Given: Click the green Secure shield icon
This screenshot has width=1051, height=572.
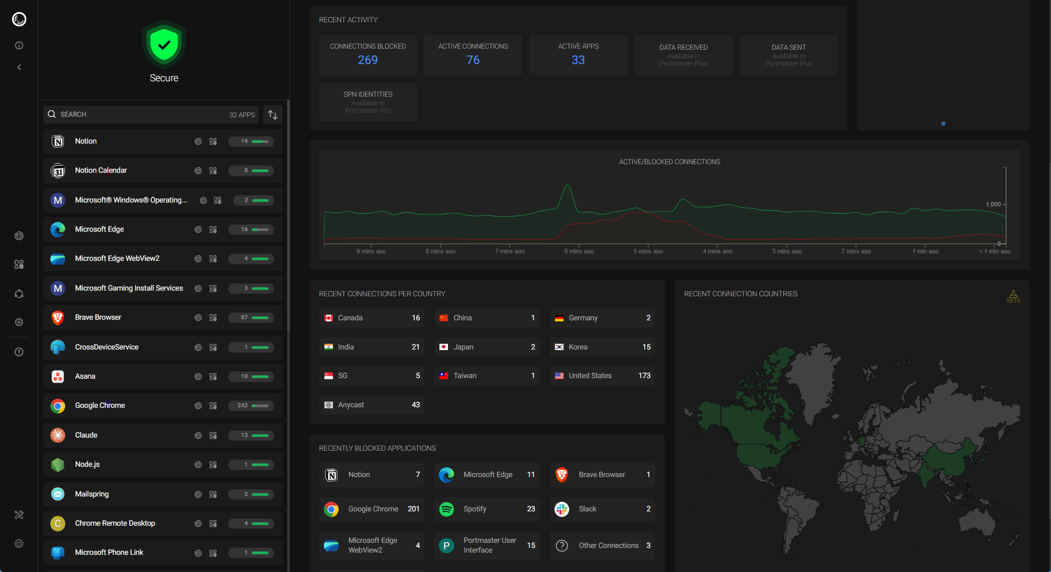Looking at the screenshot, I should point(164,45).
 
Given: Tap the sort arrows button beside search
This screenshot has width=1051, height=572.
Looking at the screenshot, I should point(273,115).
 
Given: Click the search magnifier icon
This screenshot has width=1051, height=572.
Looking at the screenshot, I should point(52,114).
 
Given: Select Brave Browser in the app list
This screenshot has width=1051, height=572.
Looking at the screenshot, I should point(98,317).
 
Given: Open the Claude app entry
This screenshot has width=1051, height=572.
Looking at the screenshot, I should point(86,435).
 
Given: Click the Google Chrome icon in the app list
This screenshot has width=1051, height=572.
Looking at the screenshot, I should point(58,406).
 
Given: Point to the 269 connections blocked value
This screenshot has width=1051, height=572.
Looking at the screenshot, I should point(368,60).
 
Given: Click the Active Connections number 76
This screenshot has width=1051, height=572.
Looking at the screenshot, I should point(473,60).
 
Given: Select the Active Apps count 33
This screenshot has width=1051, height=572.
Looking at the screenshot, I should point(578,60).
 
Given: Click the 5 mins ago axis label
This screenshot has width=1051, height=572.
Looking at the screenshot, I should point(648,252).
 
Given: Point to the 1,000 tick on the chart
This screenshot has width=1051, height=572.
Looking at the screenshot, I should point(993,204).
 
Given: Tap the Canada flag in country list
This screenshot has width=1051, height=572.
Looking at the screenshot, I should point(329,318).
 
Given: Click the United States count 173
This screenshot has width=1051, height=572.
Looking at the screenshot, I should point(644,376).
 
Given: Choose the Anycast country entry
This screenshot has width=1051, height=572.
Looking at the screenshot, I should point(351,405).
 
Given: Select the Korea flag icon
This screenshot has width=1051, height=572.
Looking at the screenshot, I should point(560,347).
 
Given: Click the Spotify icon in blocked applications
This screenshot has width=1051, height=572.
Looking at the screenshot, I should point(447,509).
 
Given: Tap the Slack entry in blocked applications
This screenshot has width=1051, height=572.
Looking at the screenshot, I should point(588,509).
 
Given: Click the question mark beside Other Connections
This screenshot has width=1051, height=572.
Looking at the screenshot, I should point(562,546).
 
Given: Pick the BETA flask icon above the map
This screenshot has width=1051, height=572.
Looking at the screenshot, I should point(1013,295).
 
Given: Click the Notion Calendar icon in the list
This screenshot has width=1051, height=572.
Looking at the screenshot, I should point(58,171).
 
